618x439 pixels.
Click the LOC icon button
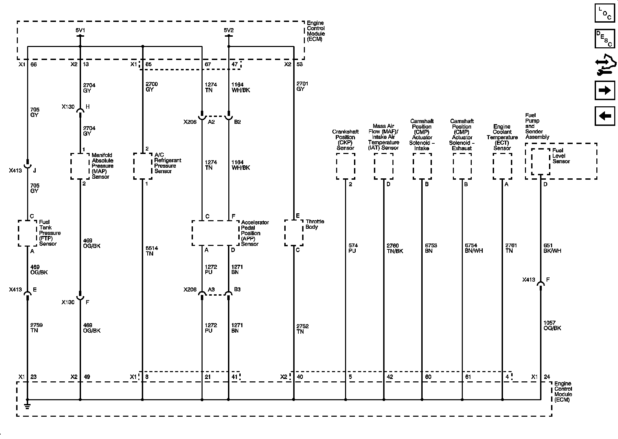[x=605, y=13]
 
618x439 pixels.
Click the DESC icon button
[x=605, y=39]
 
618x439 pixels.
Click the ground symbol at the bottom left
[x=27, y=406]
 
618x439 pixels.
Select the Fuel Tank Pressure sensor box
[x=27, y=233]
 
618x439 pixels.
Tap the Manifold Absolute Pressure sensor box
[x=80, y=166]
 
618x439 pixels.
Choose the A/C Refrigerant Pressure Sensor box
[x=142, y=166]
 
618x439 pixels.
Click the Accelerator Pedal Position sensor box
[x=215, y=233]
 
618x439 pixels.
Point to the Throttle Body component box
[x=294, y=233]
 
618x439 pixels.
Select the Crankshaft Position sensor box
[x=345, y=166]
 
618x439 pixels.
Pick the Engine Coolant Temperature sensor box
[x=502, y=166]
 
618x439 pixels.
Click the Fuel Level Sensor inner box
[x=541, y=162]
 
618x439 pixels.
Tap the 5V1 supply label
[x=80, y=31]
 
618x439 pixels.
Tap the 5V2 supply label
[x=229, y=31]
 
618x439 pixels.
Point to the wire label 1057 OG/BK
[x=552, y=325]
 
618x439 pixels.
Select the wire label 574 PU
[x=353, y=248]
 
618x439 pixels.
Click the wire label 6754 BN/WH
[x=473, y=248]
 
